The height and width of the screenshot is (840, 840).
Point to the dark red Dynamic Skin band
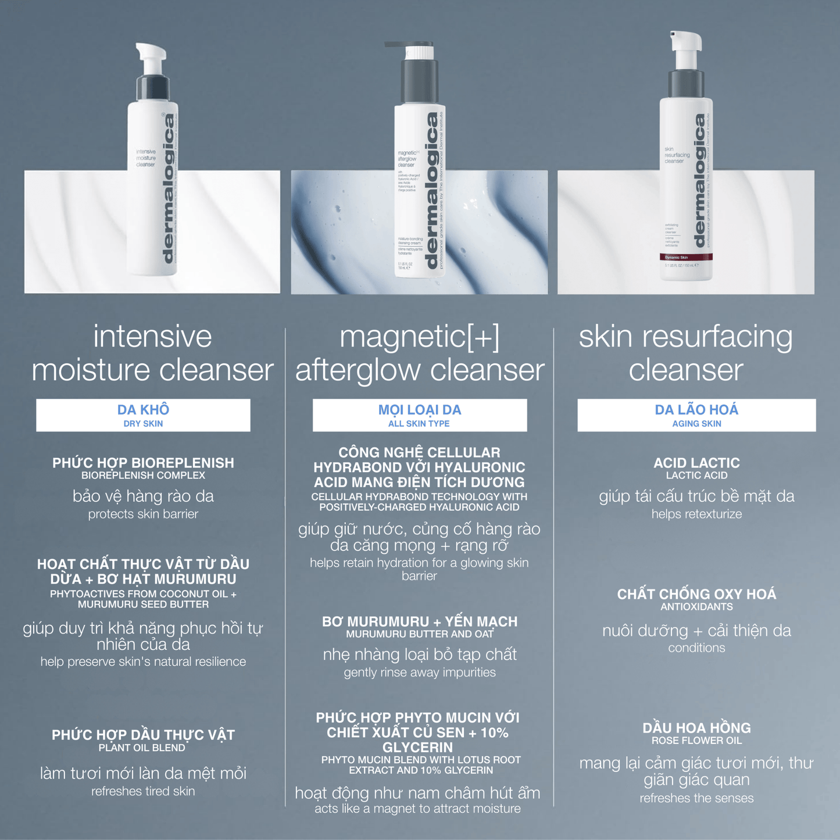point(686,257)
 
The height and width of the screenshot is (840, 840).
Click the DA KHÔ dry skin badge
point(143,415)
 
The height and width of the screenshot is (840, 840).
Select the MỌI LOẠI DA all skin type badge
point(419,415)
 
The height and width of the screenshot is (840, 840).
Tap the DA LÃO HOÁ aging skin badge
point(696,415)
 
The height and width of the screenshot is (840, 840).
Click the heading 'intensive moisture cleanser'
point(152,353)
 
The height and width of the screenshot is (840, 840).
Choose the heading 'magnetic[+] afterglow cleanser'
point(419,353)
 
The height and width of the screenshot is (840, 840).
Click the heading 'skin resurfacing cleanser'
point(686,353)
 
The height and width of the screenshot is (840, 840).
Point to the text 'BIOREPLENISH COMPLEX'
point(143,476)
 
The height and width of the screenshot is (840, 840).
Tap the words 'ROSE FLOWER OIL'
point(696,741)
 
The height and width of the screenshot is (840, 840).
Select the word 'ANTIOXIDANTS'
point(696,607)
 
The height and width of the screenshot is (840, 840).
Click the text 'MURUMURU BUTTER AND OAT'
point(419,634)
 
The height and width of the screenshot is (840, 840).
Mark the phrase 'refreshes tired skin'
point(143,791)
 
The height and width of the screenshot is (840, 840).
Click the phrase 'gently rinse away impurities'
point(419,673)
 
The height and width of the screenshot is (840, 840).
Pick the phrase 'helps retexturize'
point(696,514)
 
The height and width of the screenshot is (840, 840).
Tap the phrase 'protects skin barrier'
point(143,514)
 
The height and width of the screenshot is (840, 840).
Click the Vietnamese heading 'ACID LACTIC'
point(696,463)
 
